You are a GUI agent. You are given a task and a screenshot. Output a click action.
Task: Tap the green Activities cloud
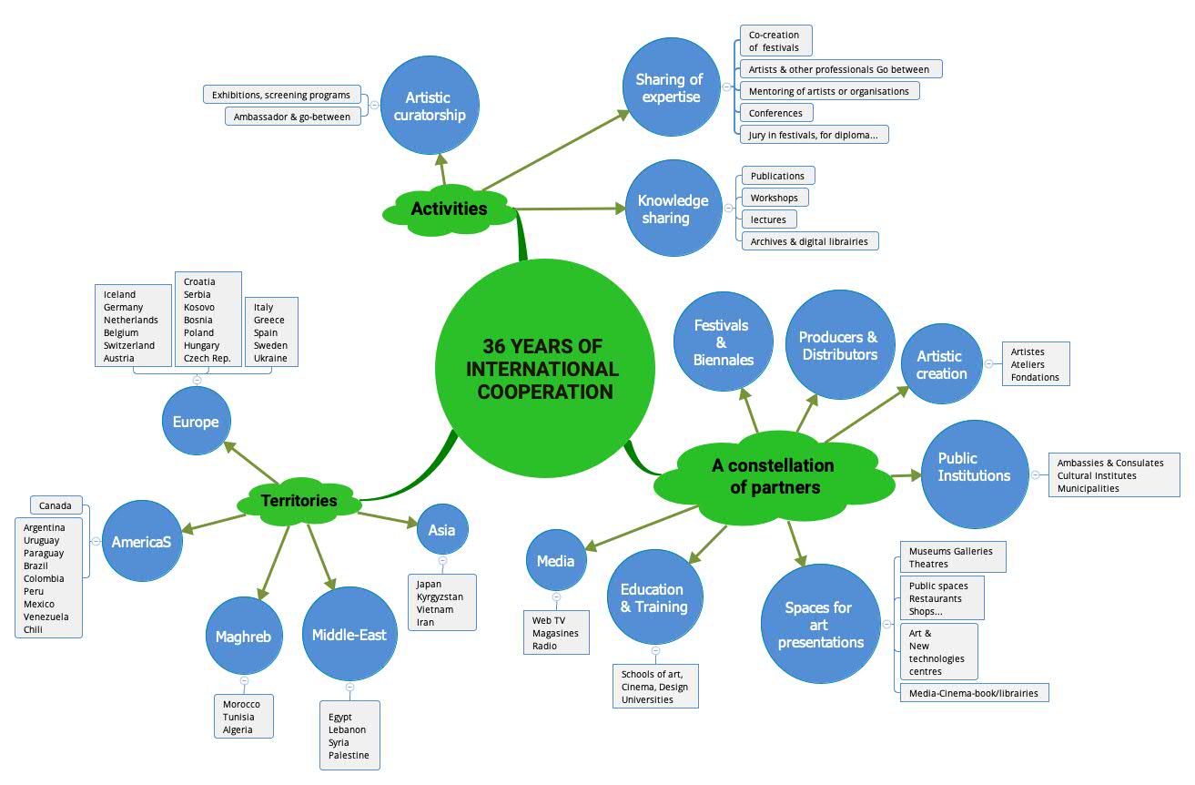[449, 209]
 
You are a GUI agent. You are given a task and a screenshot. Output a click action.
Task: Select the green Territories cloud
[299, 500]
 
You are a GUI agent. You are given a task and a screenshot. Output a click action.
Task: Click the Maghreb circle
[243, 636]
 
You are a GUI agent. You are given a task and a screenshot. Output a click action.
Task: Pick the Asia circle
[442, 529]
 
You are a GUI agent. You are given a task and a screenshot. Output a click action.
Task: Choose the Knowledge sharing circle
[673, 209]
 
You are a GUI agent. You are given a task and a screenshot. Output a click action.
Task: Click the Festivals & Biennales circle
[723, 342]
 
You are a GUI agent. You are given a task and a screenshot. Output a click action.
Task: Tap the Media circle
[555, 561]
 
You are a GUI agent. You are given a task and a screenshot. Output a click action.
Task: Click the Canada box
[56, 505]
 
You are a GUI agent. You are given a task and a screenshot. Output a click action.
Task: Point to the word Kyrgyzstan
[440, 596]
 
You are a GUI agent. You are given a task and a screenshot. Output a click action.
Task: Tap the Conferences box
[775, 113]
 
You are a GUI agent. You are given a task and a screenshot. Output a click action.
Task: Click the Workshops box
[774, 198]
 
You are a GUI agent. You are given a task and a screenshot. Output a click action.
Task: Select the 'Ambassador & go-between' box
[292, 117]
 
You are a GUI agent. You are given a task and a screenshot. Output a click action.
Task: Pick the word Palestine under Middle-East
[349, 755]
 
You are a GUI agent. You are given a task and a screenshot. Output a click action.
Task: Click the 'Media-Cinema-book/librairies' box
[974, 693]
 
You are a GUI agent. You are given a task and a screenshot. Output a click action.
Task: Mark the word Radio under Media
[545, 646]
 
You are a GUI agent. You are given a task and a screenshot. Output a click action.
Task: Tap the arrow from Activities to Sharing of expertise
[555, 150]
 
